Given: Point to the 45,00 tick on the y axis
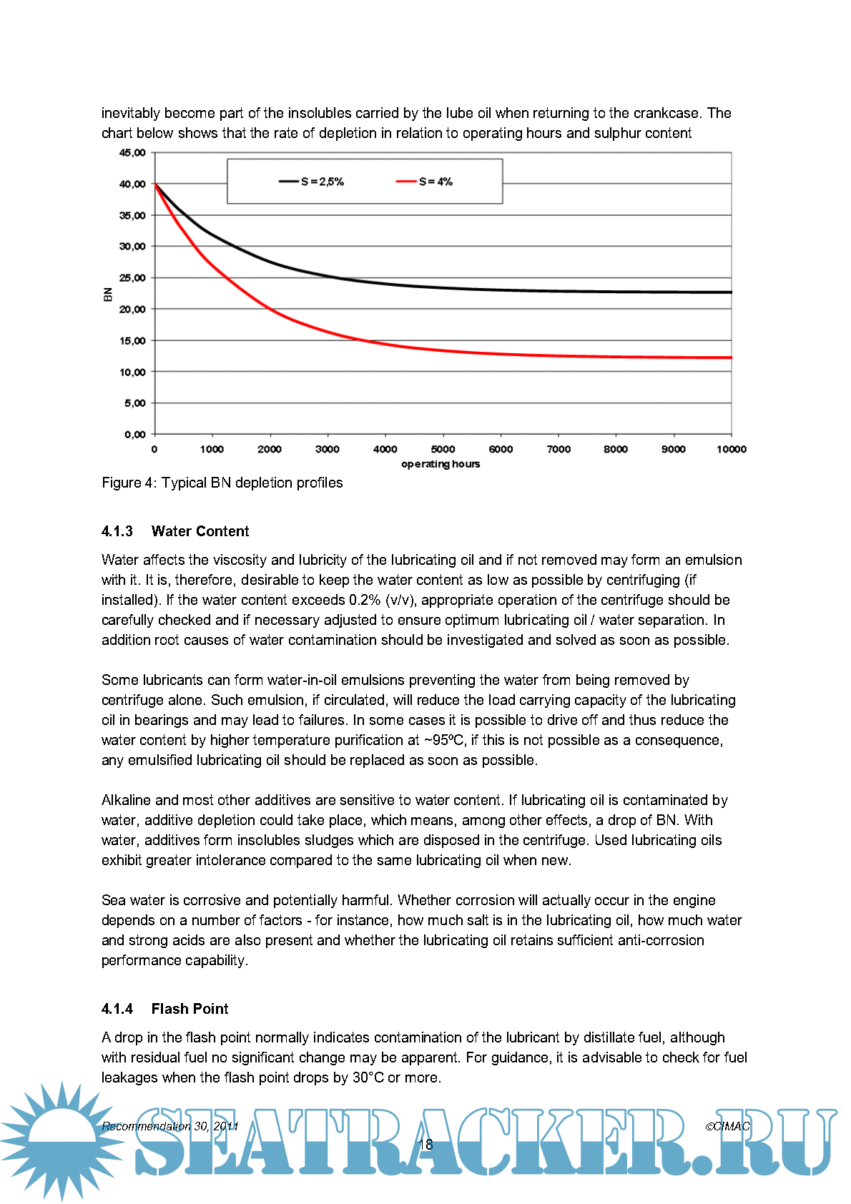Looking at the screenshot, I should [132, 153].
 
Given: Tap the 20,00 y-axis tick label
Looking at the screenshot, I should [132, 310].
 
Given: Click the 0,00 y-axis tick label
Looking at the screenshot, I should [134, 435].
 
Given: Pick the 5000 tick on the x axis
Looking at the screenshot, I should [443, 449].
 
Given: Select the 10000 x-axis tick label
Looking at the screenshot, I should [731, 449].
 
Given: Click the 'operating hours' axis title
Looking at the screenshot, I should [441, 464].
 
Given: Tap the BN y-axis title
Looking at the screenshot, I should [108, 294].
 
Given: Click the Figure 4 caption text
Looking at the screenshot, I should [222, 483].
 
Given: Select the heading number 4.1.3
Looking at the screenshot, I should [117, 531].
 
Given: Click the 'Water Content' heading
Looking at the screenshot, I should [200, 531].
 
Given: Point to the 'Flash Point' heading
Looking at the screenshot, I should [190, 1009].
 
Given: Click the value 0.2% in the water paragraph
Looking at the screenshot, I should [365, 600].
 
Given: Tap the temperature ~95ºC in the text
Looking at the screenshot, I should [445, 740].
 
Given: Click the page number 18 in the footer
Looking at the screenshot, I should [425, 1144].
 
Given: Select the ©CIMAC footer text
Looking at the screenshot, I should [727, 1126].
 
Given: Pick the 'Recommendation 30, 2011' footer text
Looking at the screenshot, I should [169, 1126].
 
